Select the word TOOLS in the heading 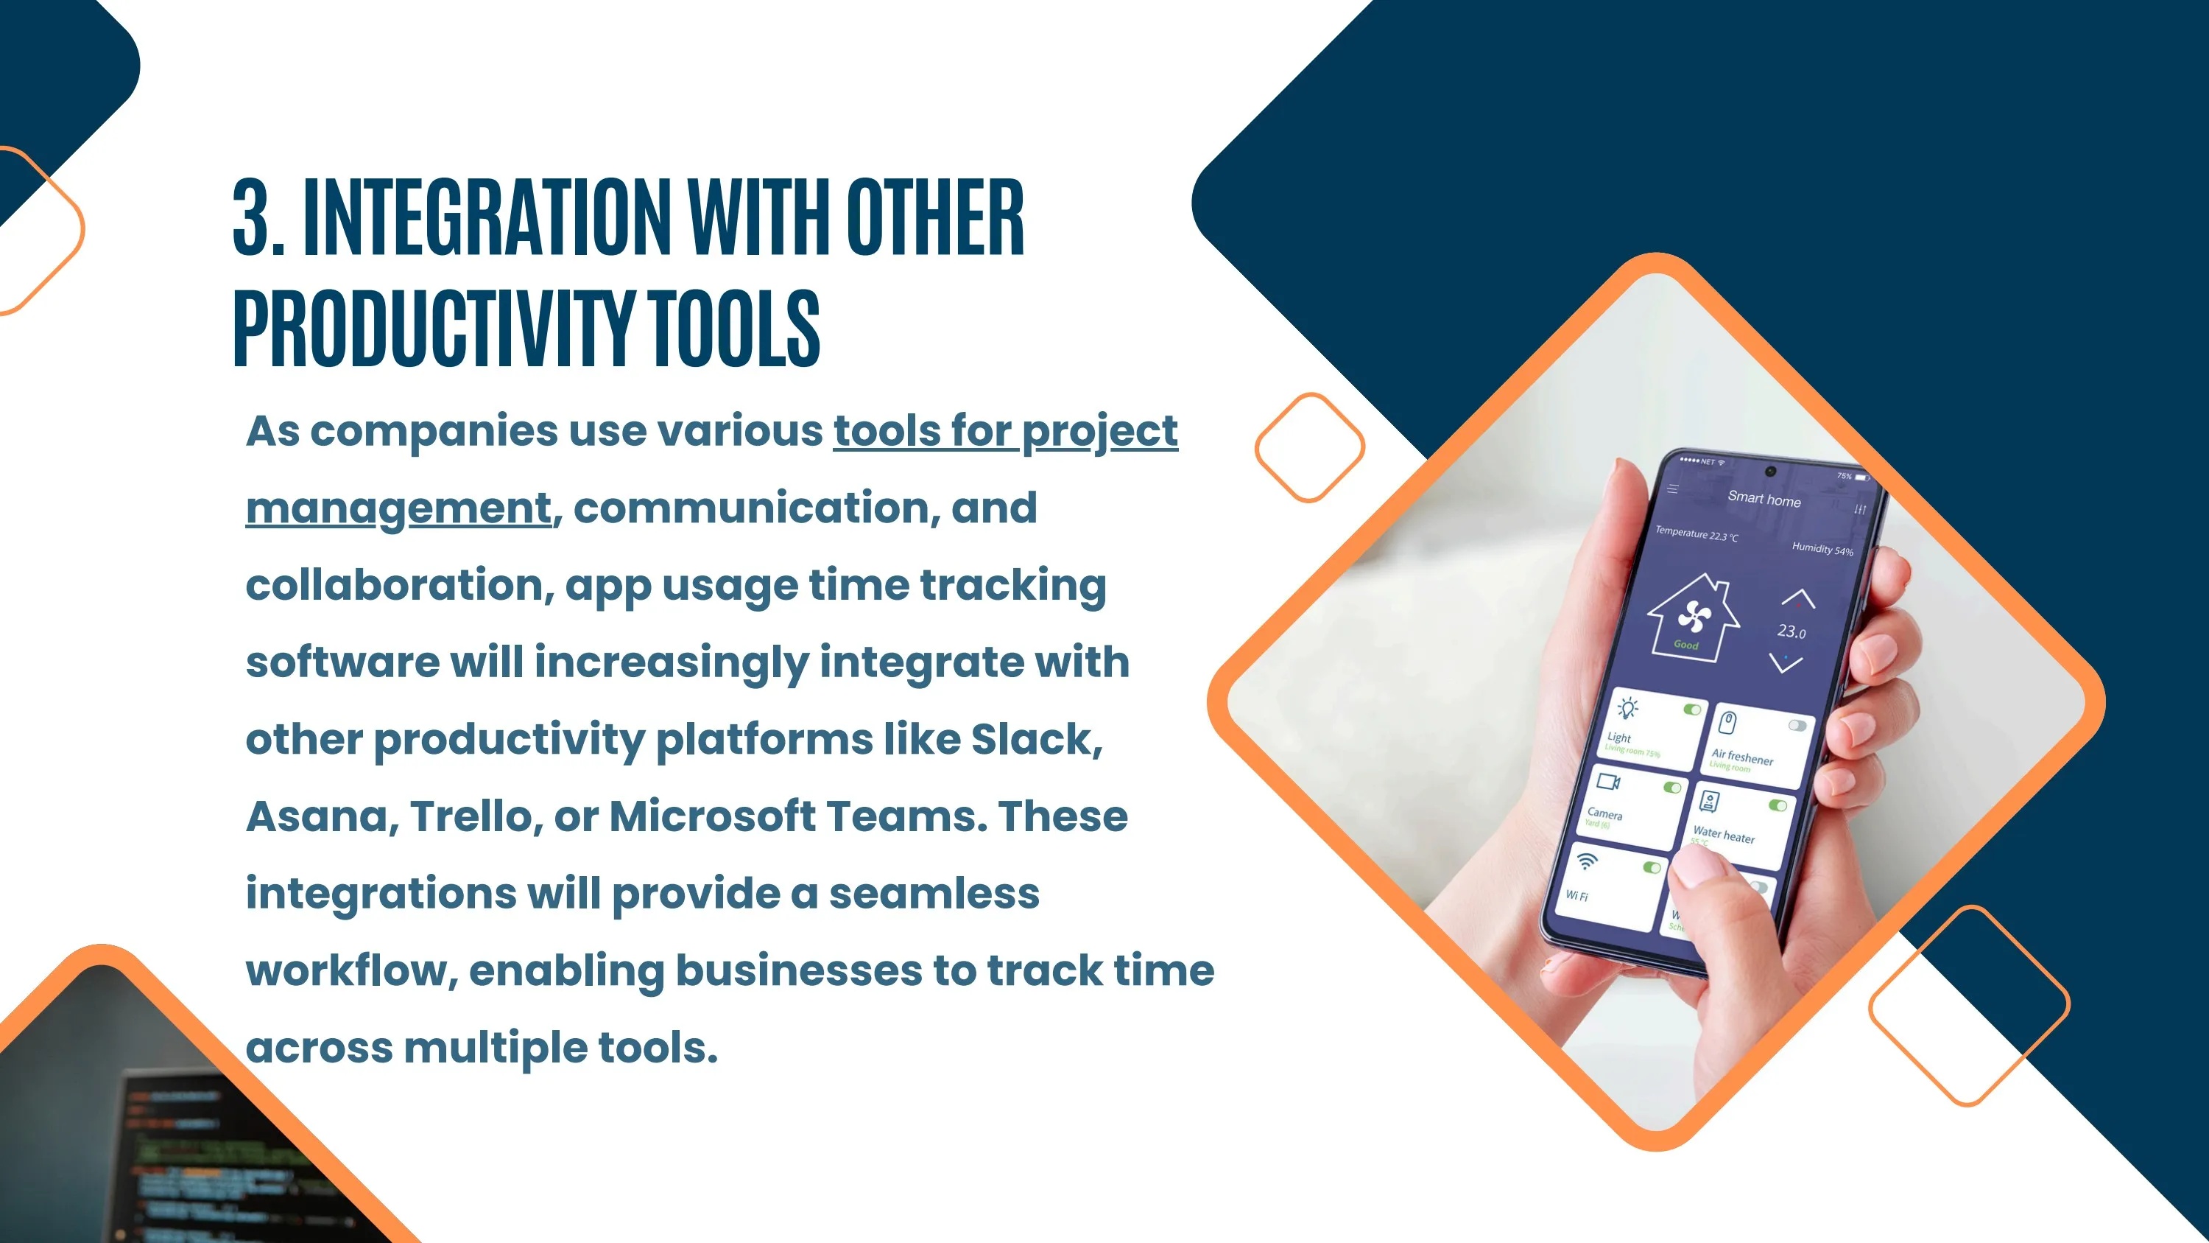point(734,328)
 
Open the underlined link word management point(398,508)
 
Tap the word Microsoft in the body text point(713,816)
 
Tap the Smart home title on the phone point(1764,498)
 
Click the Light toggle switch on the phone point(1691,710)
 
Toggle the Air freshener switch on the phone point(1797,726)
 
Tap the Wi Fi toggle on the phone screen point(1652,868)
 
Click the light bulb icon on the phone point(1627,709)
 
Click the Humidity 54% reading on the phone point(1822,549)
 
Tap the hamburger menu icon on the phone point(1672,490)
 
